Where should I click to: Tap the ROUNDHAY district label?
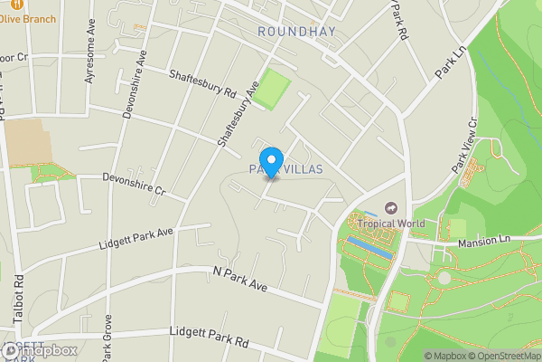tap(296, 32)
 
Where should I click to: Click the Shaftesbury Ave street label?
tap(238, 113)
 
